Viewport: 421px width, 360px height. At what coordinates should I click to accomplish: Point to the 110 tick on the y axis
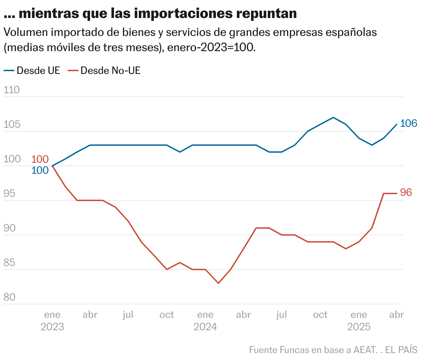point(11,90)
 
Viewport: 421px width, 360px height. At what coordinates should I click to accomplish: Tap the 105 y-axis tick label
point(11,125)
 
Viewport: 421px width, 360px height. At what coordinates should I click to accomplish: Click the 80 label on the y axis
point(10,297)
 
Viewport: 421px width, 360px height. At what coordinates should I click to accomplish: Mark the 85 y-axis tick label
point(10,263)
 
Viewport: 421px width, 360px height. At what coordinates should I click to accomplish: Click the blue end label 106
point(409,123)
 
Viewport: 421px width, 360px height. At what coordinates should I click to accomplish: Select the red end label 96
point(406,192)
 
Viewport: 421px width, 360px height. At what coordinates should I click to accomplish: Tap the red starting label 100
point(40,159)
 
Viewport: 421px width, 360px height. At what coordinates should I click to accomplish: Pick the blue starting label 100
point(40,170)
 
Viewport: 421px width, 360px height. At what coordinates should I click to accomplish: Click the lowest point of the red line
point(218,283)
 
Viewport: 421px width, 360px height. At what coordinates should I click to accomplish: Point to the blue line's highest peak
point(333,117)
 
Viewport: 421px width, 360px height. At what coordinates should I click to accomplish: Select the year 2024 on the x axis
point(205,327)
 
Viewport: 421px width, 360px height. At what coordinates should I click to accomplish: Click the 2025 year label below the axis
point(359,327)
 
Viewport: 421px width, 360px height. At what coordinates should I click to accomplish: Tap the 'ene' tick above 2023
point(52,315)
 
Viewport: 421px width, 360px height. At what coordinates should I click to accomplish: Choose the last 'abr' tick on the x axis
point(396,315)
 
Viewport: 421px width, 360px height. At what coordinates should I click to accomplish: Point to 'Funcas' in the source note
point(294,350)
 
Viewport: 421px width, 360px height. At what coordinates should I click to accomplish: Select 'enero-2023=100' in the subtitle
point(211,47)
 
